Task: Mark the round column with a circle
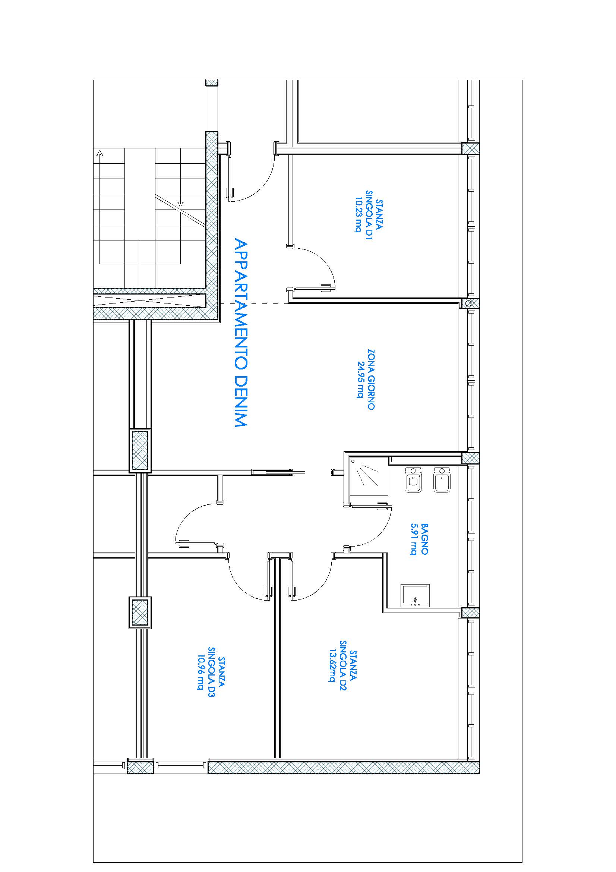coord(468,303)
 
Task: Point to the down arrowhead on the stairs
coord(181,204)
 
